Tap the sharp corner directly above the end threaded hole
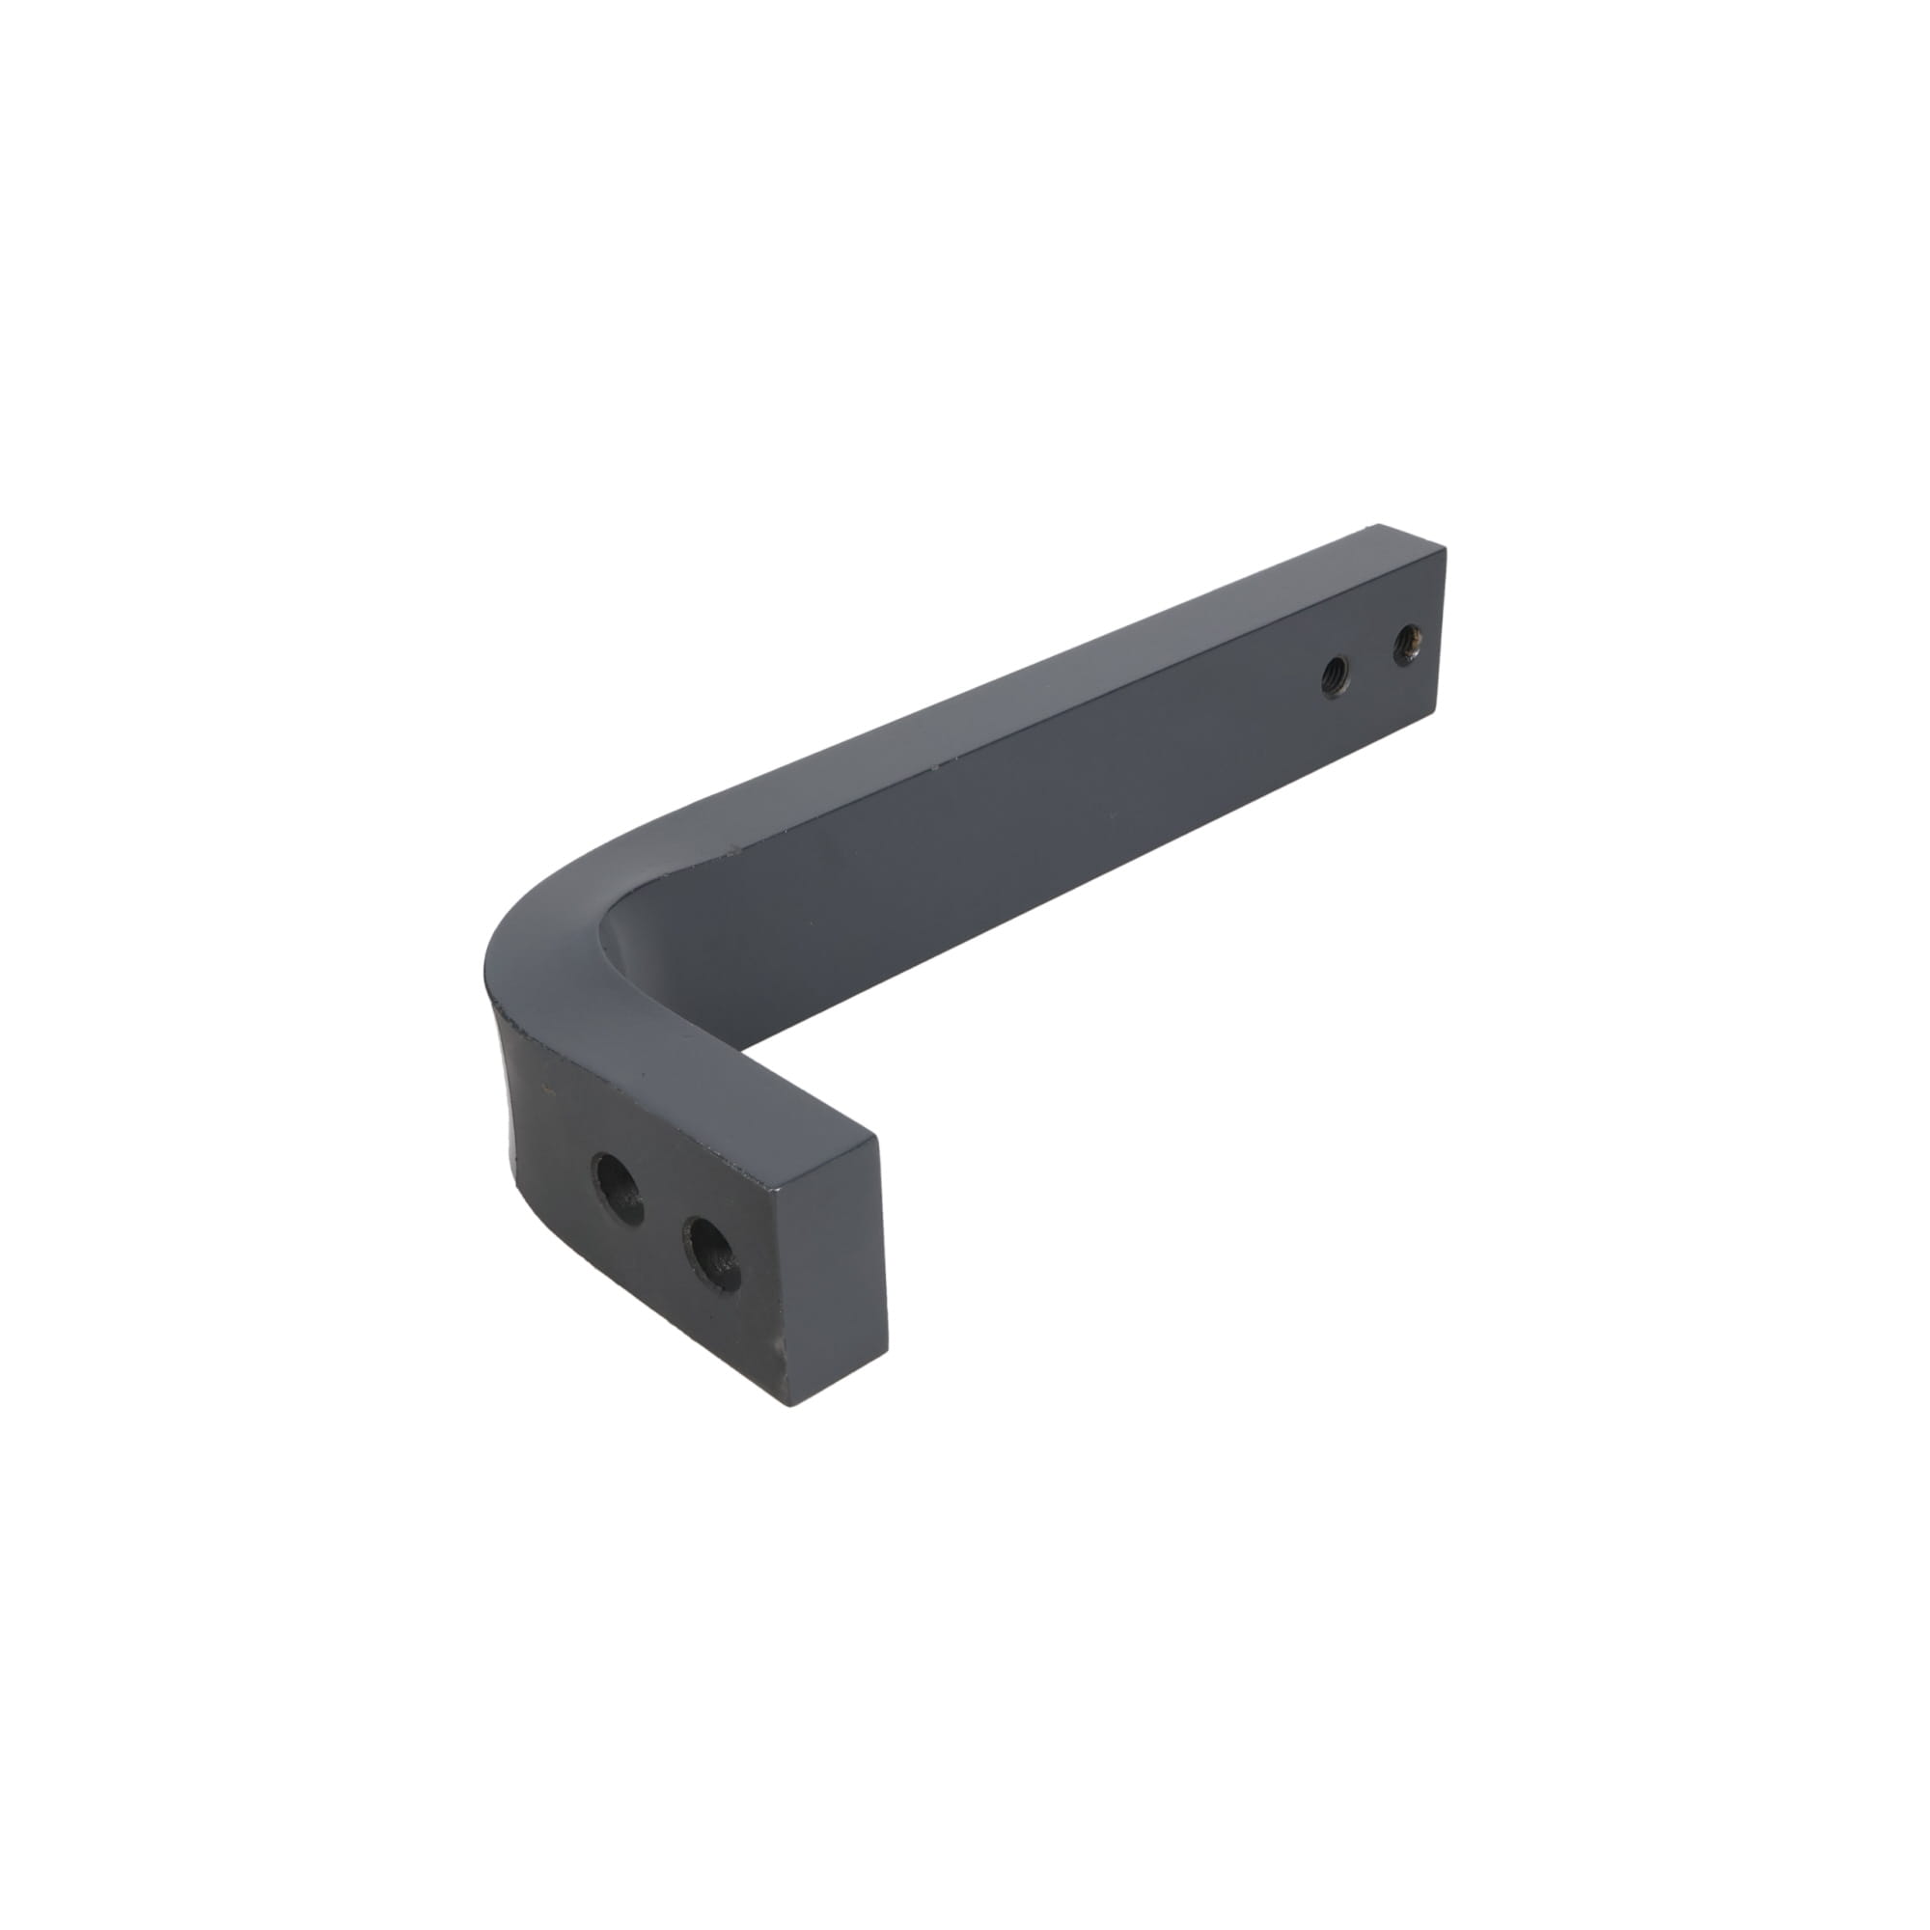point(1445,547)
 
